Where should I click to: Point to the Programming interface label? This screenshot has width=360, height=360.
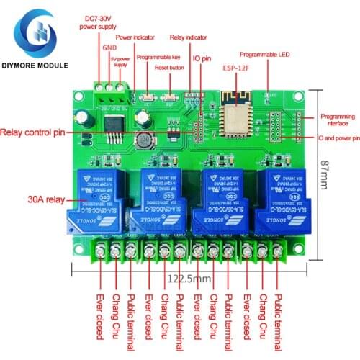pos(337,119)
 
